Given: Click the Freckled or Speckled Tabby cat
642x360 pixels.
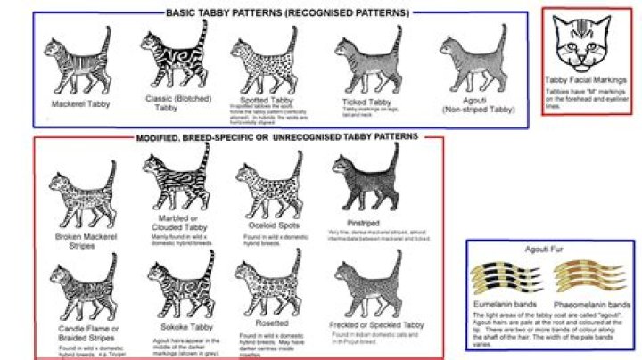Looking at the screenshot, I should point(365,285).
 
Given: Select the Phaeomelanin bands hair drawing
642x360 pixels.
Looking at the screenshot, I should point(583,274).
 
